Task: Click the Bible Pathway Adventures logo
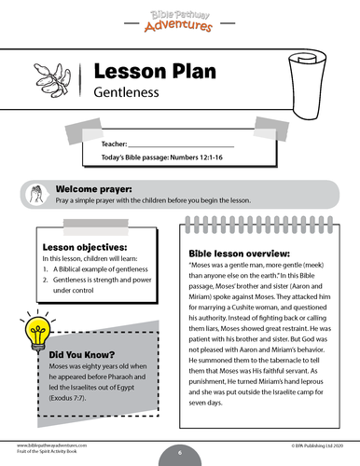(179, 19)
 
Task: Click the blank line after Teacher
(186, 145)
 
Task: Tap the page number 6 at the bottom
(180, 450)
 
